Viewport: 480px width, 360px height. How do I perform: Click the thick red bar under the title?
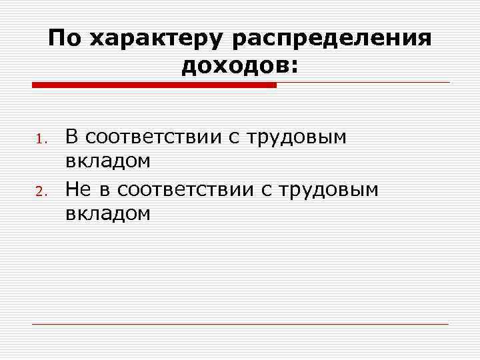coord(154,85)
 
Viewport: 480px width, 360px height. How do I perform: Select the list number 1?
coord(39,140)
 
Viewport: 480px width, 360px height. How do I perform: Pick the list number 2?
coord(39,194)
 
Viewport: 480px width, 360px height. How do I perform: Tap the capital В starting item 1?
coord(72,137)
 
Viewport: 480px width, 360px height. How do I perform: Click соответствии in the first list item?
coord(157,138)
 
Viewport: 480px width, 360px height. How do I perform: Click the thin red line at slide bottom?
coord(240,324)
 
